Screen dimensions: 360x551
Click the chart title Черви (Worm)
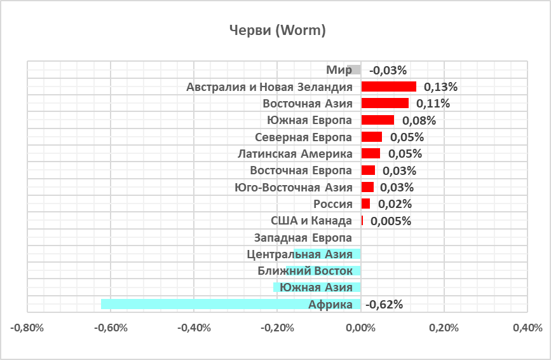276,31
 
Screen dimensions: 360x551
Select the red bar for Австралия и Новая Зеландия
388,87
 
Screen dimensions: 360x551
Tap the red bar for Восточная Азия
384,103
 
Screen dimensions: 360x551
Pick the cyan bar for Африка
231,304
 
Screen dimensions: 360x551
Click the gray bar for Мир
354,70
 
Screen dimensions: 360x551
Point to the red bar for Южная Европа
378,120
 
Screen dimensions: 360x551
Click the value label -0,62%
385,304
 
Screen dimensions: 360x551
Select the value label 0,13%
440,87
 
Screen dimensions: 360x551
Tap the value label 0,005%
390,221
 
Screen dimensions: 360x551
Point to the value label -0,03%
388,70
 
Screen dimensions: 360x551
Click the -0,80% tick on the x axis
27,328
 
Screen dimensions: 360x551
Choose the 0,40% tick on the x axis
527,328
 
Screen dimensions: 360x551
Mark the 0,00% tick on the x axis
361,328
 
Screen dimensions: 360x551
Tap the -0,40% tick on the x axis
193,328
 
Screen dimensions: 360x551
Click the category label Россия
332,204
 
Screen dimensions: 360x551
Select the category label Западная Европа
303,238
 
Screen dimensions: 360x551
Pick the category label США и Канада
311,221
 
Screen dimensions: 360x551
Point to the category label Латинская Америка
294,154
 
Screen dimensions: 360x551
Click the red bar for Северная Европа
372,137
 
